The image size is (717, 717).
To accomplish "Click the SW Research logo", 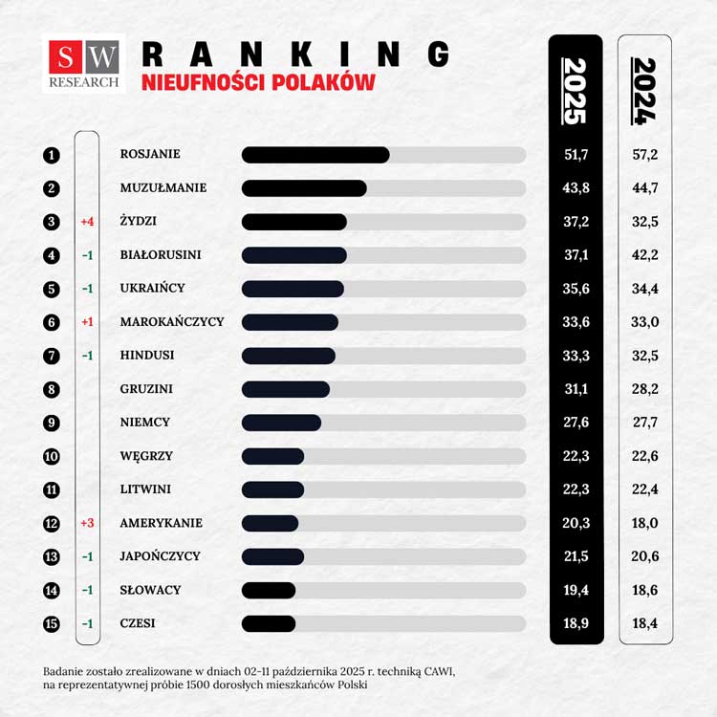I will click(83, 64).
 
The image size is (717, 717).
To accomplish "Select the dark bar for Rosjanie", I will click(315, 155).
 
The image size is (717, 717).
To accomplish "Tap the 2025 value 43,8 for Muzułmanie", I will click(576, 188).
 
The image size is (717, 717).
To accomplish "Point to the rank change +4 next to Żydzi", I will click(87, 222).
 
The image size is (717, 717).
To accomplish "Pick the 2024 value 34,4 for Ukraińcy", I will click(645, 289).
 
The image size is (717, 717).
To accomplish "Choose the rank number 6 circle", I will click(52, 322).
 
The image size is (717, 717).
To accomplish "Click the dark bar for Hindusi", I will click(289, 356).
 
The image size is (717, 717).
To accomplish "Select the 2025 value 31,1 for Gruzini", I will click(576, 389).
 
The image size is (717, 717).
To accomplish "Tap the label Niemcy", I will click(145, 423).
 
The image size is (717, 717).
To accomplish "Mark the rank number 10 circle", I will click(52, 456).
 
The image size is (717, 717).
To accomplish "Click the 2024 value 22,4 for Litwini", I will click(645, 489).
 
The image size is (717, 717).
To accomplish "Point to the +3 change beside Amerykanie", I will click(87, 523).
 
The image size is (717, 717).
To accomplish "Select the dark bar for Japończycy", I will click(273, 556).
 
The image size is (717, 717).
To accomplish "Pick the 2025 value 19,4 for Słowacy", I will click(576, 590).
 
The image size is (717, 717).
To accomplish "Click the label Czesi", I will click(138, 623).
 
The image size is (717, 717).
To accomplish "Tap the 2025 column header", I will click(576, 91).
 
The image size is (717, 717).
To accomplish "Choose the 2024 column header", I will click(645, 91).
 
